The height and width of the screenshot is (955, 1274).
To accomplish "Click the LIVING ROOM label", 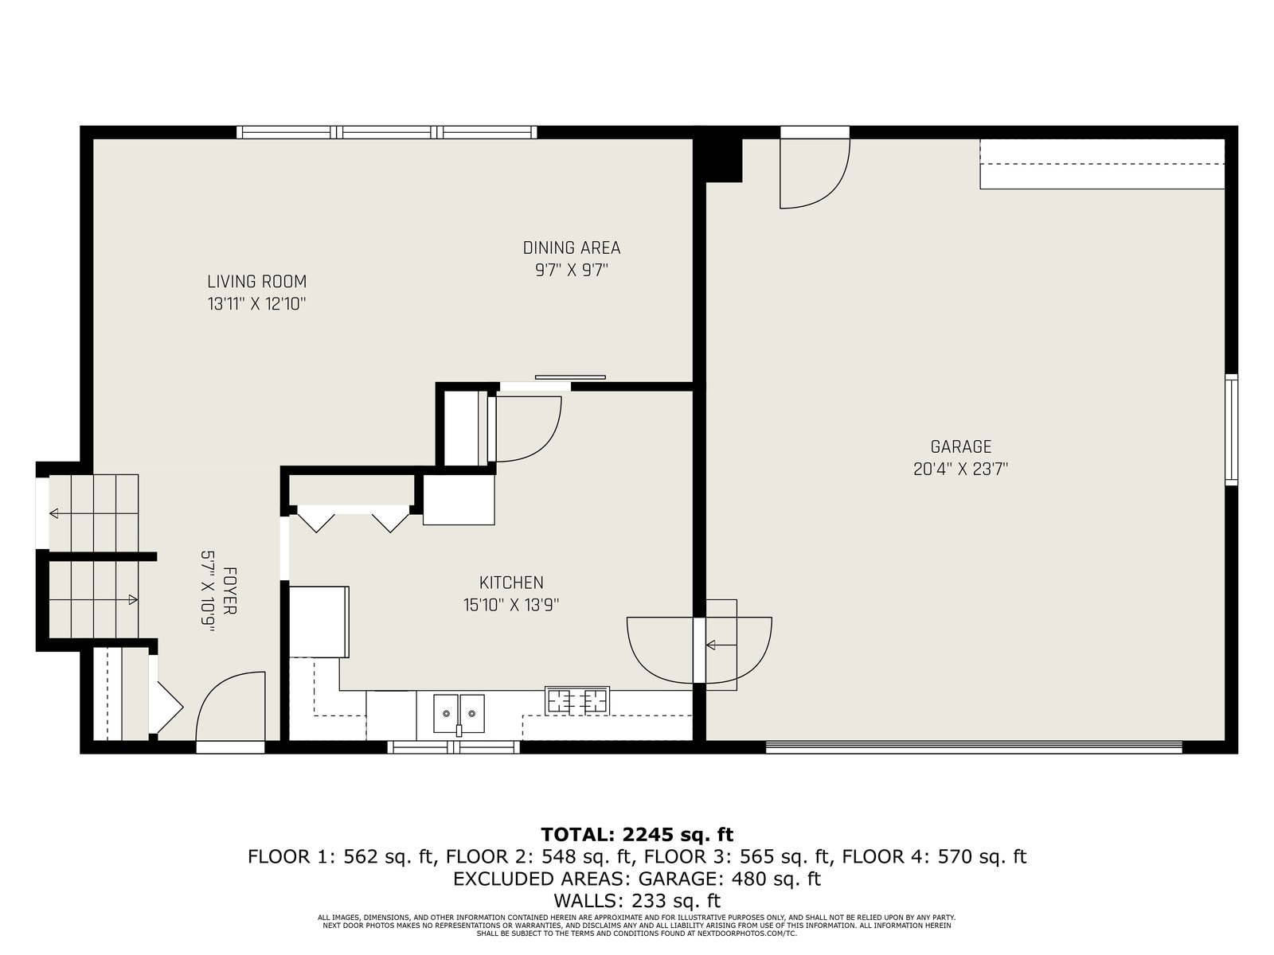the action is pyautogui.click(x=256, y=282).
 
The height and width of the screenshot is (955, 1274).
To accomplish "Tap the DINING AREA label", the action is pyautogui.click(x=571, y=248).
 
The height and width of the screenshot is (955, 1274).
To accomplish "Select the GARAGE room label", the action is pyautogui.click(x=960, y=447).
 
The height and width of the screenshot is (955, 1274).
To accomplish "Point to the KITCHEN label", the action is pyautogui.click(x=511, y=583).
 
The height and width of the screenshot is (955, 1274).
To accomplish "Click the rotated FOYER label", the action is pyautogui.click(x=229, y=591).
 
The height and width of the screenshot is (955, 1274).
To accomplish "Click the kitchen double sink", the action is pyautogui.click(x=459, y=714).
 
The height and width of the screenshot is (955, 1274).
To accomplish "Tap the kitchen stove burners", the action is pyautogui.click(x=577, y=700).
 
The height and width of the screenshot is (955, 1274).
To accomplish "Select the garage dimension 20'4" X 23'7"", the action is pyautogui.click(x=960, y=469).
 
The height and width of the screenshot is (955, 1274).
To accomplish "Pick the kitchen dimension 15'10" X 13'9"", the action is pyautogui.click(x=511, y=606).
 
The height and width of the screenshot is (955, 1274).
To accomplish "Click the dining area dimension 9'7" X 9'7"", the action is pyautogui.click(x=571, y=271).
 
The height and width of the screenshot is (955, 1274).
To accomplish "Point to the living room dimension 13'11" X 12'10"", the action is pyautogui.click(x=256, y=304).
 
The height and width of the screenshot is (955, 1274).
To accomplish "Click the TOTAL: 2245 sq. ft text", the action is pyautogui.click(x=637, y=834).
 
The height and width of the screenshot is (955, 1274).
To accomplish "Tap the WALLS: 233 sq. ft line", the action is pyautogui.click(x=637, y=901).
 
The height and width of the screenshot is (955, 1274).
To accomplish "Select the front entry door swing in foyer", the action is pyautogui.click(x=221, y=684).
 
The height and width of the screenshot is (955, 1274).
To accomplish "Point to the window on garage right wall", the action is pyautogui.click(x=1231, y=430).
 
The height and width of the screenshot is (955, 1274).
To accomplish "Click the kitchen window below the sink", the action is pyautogui.click(x=453, y=746).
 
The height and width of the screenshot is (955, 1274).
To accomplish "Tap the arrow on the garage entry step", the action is pyautogui.click(x=721, y=645).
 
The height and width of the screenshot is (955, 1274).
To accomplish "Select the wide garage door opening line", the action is pyautogui.click(x=974, y=747).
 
